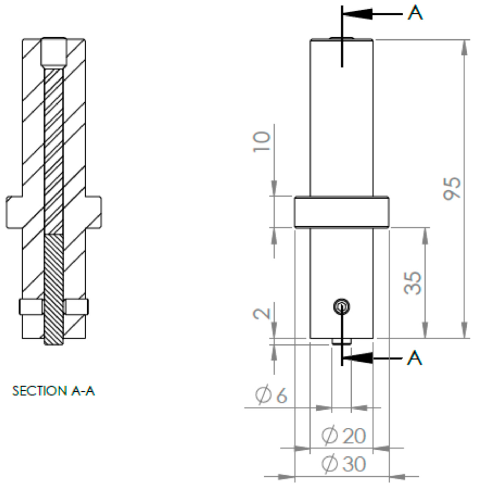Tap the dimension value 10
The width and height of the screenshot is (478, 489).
tap(262, 142)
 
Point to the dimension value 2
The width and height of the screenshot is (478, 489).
tap(262, 314)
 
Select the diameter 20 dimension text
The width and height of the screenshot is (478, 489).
tap(344, 435)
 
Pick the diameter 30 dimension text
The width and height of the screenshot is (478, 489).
tap(344, 464)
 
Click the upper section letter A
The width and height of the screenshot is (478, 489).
tap(415, 13)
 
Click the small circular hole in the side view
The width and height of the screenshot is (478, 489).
tap(341, 307)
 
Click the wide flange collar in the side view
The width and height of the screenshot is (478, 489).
tap(342, 212)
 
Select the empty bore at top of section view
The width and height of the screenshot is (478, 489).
tap(54, 52)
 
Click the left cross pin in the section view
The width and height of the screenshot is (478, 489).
tap(31, 307)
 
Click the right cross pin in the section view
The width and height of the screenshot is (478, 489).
tap(77, 307)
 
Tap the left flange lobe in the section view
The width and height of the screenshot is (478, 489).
tap(14, 212)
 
